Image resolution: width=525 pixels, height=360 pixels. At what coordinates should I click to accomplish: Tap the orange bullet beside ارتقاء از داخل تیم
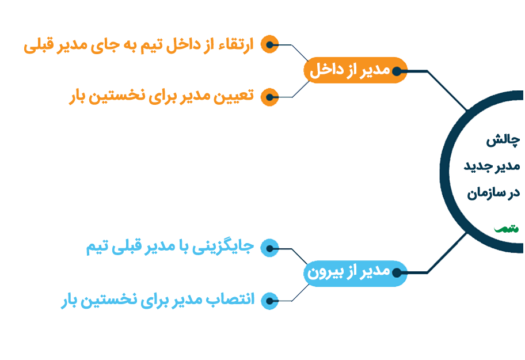[x=269, y=44]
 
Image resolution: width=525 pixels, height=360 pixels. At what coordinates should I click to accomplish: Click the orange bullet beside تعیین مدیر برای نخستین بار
[x=269, y=97]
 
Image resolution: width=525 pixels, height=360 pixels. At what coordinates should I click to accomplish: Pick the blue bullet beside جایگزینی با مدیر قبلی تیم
[x=269, y=248]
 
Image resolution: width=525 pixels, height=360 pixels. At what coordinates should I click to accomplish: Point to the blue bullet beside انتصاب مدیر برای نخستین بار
[x=269, y=300]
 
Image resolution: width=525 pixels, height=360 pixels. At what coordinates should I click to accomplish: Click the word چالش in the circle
[x=503, y=140]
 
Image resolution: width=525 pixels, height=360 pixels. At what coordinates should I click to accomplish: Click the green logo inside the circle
[x=506, y=228]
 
